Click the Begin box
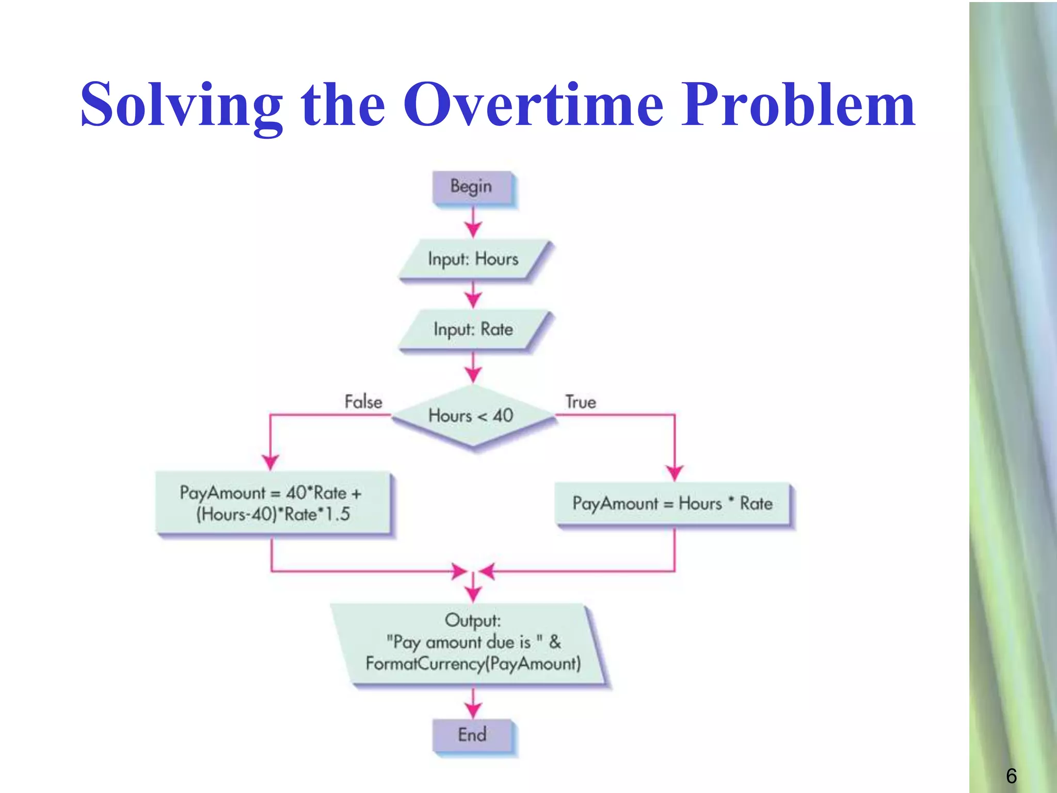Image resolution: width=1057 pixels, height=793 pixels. [472, 187]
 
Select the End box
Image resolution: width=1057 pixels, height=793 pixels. [472, 735]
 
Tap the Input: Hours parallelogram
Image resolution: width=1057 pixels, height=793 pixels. [473, 259]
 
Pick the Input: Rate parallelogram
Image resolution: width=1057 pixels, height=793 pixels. [473, 329]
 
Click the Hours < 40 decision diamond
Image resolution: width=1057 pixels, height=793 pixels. [472, 416]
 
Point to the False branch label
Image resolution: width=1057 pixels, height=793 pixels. [363, 402]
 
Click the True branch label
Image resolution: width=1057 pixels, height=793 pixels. [581, 402]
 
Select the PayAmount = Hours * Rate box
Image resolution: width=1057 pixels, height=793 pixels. [672, 503]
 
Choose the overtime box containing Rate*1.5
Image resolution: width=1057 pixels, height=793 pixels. [273, 503]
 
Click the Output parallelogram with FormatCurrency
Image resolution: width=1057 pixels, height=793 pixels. [472, 643]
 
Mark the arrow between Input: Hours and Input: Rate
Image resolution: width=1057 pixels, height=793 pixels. [473, 295]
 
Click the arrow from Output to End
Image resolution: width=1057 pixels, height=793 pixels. [473, 704]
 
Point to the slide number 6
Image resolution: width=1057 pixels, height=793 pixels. [1011, 776]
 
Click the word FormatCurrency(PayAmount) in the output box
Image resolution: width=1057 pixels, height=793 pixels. [473, 663]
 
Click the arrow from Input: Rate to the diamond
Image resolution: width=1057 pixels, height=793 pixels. [473, 368]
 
